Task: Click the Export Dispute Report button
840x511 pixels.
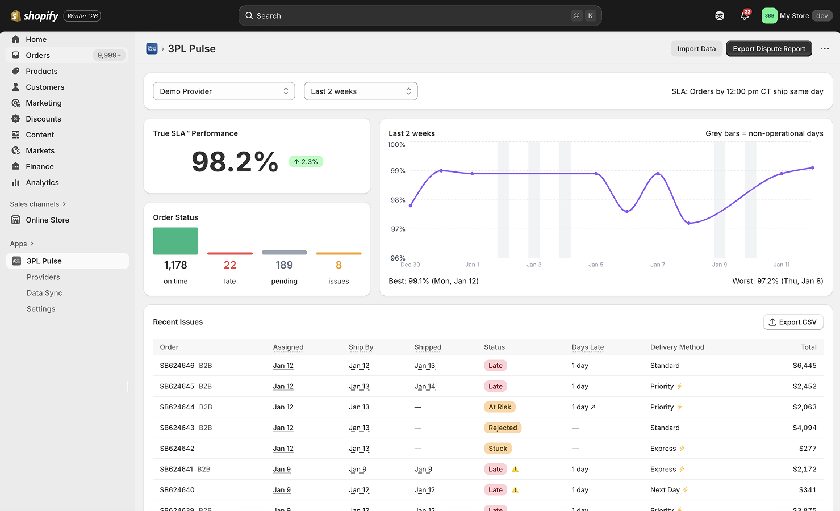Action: (768, 49)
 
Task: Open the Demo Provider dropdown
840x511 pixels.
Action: (224, 91)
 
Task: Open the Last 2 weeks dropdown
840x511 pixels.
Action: (361, 91)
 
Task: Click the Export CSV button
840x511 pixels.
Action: (793, 322)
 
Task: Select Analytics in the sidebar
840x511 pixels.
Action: (42, 182)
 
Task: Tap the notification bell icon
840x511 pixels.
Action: (744, 16)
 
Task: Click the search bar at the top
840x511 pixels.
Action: (420, 16)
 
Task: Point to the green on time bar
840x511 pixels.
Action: (175, 241)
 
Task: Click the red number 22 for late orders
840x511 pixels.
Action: (230, 265)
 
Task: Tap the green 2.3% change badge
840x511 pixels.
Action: (306, 162)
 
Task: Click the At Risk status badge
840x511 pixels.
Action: (500, 407)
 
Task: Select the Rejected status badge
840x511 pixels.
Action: (503, 428)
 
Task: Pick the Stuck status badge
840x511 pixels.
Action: (498, 449)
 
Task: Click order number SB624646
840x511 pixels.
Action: (177, 366)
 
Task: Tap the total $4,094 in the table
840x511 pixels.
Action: (804, 428)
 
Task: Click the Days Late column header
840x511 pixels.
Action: (588, 347)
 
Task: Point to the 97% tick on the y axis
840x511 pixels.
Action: (398, 229)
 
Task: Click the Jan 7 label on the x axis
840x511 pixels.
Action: (658, 265)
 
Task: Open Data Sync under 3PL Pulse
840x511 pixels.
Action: (44, 293)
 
